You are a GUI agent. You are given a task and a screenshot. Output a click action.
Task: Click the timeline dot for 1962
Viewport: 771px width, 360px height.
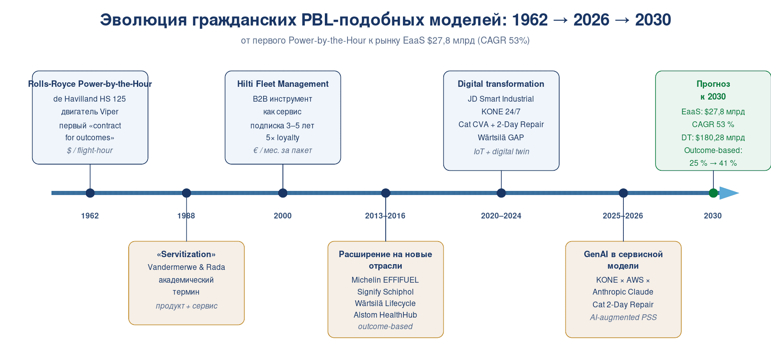90,193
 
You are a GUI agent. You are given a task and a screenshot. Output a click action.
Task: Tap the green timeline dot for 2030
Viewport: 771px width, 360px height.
713,193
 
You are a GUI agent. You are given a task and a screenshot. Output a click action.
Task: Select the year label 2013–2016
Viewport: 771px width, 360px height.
385,216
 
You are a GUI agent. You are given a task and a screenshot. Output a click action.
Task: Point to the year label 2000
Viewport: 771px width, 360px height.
282,216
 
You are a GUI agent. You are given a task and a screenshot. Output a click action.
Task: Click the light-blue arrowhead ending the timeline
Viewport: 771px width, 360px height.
729,193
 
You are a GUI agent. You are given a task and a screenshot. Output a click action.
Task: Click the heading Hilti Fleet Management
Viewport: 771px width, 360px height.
283,84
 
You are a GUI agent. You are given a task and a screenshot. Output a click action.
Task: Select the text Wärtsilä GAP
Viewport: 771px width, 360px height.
501,137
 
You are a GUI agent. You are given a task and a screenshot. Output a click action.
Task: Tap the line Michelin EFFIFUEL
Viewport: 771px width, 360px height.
385,280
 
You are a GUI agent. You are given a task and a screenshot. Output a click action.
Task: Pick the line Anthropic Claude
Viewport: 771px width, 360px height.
623,292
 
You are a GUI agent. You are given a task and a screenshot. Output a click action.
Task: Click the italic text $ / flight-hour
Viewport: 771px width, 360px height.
90,150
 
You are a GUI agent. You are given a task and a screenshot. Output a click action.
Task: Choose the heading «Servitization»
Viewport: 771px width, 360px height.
186,254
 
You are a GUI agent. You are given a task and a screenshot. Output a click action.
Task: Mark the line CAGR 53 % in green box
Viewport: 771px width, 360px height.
713,124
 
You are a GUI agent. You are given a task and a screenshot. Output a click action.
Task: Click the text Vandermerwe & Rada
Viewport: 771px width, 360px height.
186,267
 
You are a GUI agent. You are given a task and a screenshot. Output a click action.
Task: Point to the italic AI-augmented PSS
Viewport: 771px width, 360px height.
623,317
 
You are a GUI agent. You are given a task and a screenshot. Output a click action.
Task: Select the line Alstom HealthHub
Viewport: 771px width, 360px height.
385,315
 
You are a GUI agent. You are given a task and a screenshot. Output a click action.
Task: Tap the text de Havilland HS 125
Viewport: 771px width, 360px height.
90,99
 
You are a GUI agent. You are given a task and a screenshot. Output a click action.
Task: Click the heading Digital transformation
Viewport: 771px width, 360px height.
501,84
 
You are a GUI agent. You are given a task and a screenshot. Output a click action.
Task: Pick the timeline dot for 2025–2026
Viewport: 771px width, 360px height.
623,193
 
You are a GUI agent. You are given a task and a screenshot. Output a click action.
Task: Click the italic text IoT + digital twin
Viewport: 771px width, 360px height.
501,151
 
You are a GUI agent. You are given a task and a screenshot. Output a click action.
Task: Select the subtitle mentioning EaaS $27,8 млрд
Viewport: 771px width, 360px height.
385,40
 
